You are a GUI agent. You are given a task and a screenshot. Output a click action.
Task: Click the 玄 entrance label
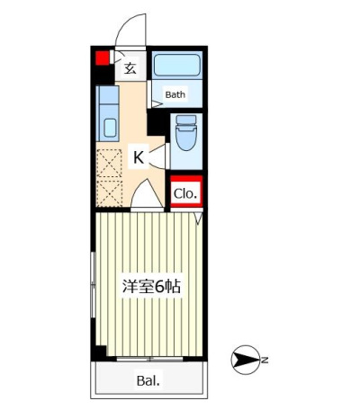pos(130,68)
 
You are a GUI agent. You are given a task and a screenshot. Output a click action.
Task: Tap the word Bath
pos(175,94)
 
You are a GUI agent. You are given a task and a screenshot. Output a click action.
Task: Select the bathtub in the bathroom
pos(177,66)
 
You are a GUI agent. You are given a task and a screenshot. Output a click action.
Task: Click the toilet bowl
pos(186,138)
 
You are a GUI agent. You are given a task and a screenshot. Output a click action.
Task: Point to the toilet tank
pos(186,120)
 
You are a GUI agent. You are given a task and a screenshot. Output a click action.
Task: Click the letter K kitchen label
pos(139,157)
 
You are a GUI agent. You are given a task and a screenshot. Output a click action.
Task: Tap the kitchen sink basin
pos(110,128)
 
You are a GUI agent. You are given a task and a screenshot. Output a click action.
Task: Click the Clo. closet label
pos(185,194)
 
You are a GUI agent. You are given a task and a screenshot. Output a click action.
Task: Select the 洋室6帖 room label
pos(151,287)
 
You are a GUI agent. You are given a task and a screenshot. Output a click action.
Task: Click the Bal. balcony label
pos(148,381)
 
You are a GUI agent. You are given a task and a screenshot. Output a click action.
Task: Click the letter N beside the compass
pos(265,360)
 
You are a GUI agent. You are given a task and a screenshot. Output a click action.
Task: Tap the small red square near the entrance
pos(103,58)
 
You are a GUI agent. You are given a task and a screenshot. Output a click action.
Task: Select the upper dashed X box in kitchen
pos(110,164)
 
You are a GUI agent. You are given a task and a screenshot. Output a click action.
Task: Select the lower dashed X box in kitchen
pos(110,192)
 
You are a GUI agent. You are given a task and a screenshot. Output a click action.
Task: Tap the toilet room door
pos(159,156)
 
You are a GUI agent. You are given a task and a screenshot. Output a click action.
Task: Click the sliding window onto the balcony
pos(149,359)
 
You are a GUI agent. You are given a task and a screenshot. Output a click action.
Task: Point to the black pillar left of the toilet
pos(156,122)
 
